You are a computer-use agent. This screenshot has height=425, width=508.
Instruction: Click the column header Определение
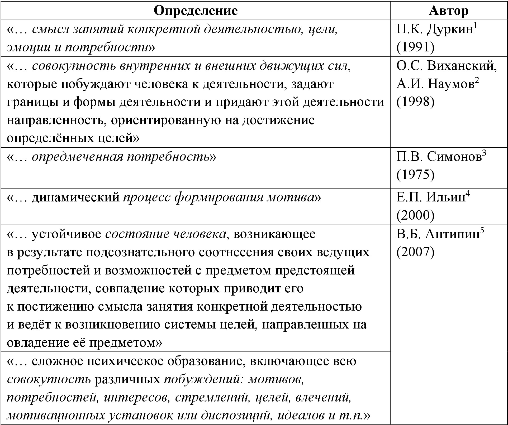[196, 11]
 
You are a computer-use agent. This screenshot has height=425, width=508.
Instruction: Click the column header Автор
[449, 11]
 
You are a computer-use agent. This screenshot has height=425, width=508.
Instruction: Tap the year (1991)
[415, 48]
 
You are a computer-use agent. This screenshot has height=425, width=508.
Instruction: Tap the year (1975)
[415, 175]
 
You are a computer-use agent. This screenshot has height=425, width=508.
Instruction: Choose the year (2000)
[415, 216]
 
